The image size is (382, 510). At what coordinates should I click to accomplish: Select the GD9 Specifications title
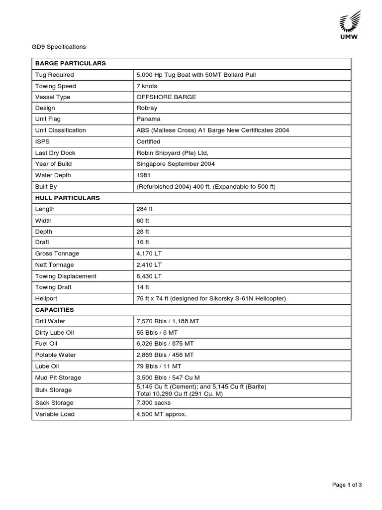click(x=59, y=47)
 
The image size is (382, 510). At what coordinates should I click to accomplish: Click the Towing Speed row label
click(x=55, y=86)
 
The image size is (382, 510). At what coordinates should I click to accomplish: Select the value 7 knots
click(x=147, y=86)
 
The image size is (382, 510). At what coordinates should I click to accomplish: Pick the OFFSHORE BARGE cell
click(x=166, y=97)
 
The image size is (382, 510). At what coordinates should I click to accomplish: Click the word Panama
click(x=148, y=119)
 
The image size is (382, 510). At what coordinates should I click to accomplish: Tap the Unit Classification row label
click(x=60, y=130)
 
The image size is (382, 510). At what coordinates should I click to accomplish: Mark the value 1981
click(x=144, y=175)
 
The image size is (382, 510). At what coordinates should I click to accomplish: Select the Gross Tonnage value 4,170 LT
click(x=149, y=254)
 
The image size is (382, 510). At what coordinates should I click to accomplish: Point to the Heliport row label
click(x=46, y=298)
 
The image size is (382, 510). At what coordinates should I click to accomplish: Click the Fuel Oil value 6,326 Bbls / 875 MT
click(x=165, y=344)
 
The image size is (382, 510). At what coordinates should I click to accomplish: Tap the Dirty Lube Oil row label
click(x=54, y=332)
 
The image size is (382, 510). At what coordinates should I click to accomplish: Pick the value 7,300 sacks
click(x=154, y=402)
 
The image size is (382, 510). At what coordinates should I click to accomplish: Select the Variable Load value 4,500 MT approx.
click(x=162, y=414)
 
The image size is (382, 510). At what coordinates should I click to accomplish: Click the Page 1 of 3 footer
click(x=347, y=485)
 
